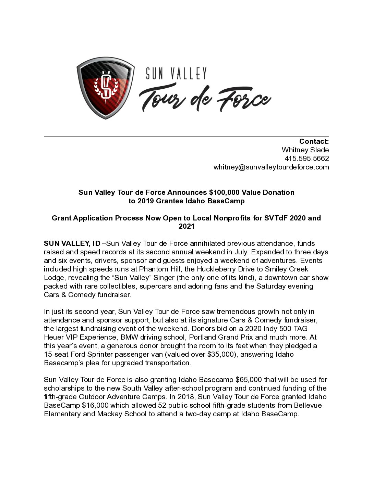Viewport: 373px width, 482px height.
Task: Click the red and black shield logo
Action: tap(105, 88)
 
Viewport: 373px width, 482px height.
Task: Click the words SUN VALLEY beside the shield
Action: tap(176, 74)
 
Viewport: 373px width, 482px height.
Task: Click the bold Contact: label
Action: tap(314, 141)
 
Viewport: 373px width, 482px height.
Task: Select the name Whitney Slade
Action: tap(305, 150)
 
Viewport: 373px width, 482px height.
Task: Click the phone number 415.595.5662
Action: tap(306, 158)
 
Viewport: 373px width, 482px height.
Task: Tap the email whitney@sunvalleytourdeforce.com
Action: tap(271, 167)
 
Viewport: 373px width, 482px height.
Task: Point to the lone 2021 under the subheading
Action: tap(186, 226)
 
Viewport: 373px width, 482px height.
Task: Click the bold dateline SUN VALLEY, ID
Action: tap(72, 243)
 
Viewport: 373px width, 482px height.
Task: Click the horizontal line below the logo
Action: tap(186, 137)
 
